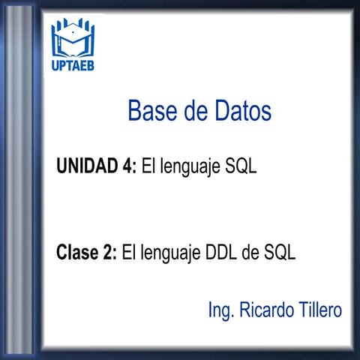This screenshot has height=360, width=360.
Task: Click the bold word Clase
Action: [77, 253]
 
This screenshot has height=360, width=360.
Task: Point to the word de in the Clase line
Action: [250, 253]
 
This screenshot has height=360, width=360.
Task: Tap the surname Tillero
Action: [319, 309]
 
